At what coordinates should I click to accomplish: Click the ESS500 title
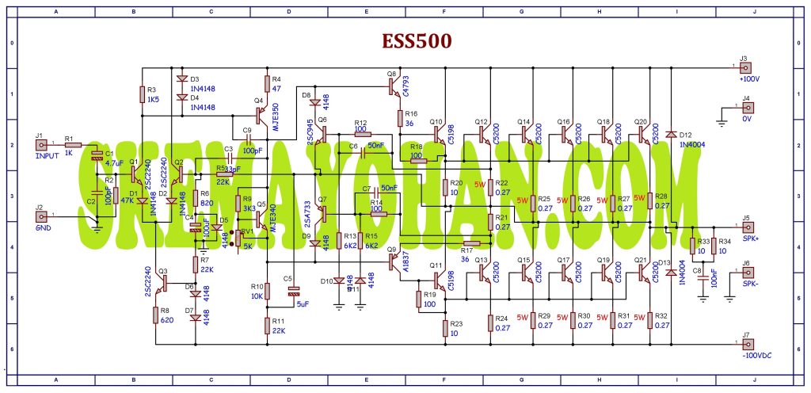coord(409,40)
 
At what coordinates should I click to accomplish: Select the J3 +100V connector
coord(745,70)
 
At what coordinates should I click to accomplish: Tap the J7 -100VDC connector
coord(745,342)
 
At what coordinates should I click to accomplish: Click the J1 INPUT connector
coord(39,145)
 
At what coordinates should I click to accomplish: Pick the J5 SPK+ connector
coord(745,227)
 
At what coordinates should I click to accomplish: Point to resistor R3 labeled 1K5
coord(142,94)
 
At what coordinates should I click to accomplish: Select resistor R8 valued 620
coord(156,315)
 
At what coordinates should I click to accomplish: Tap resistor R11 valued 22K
coord(267,325)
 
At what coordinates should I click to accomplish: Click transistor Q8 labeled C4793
coord(394,86)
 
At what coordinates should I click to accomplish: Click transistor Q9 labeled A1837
coord(394,261)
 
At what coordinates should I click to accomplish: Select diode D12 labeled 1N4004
coord(671,134)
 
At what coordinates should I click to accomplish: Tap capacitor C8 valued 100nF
coord(702,278)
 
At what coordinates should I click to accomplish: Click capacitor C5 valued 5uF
coord(294,289)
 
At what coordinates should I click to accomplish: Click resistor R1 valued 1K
coord(72,145)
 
